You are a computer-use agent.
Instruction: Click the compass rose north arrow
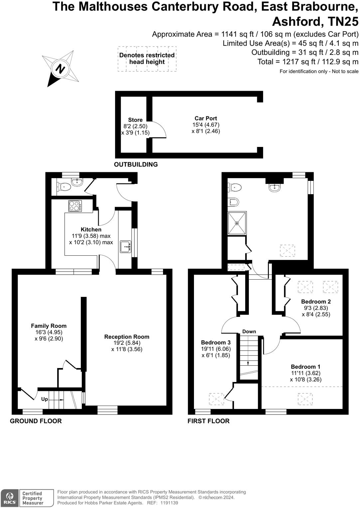tap(60, 69)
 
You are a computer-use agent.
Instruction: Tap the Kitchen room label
tap(91, 229)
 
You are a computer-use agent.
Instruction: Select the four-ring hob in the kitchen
tap(76, 206)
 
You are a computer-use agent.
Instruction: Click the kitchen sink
tap(126, 247)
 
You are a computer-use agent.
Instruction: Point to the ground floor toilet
tap(64, 187)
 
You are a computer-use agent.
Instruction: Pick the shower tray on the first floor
tap(237, 223)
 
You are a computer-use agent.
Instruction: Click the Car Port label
tap(206, 118)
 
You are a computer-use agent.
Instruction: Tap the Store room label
tap(135, 120)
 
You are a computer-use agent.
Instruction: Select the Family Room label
tap(49, 326)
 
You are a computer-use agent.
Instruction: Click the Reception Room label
tap(126, 337)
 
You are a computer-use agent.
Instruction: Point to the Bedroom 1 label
tap(305, 367)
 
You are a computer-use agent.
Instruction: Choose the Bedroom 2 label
tap(316, 302)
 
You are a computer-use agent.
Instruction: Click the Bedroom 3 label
tap(216, 342)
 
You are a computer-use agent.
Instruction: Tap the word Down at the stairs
tap(249, 331)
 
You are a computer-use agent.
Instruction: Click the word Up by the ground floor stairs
tap(45, 399)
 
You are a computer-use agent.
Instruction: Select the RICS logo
tap(10, 498)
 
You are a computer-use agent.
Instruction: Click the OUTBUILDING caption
tap(136, 164)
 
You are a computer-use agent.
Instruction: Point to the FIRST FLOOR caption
tap(208, 421)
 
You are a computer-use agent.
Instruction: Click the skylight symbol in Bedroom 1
tap(305, 399)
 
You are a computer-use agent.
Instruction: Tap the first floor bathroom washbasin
tap(274, 187)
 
